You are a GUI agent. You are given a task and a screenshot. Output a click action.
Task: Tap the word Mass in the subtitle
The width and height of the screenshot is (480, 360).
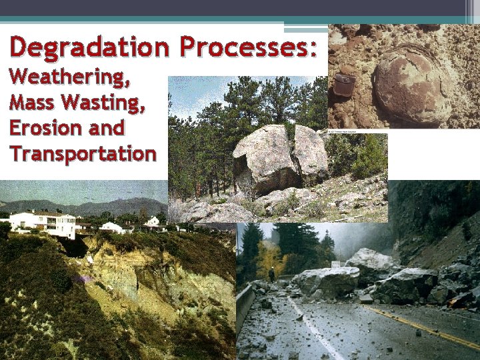coord(34,103)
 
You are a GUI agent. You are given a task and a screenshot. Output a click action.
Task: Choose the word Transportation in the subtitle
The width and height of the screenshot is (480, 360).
coord(83,153)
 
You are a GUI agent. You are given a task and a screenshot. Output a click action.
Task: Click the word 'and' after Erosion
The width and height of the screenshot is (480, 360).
coord(109,128)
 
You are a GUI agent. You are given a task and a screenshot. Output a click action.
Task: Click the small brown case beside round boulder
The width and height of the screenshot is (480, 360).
coord(343,85)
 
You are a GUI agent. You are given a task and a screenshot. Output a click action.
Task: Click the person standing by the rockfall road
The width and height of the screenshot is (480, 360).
coord(271,275)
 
